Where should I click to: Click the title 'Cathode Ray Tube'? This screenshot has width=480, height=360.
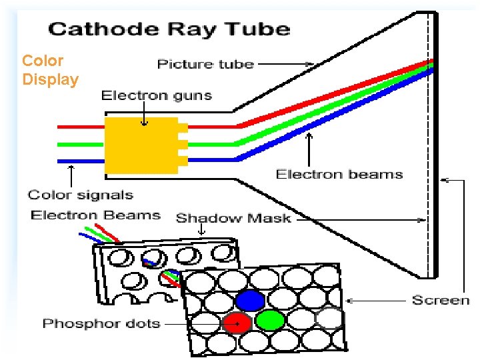pos(169,29)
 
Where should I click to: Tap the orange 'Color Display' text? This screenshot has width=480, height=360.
pos(50,71)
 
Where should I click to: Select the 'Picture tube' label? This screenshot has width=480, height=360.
pos(205,64)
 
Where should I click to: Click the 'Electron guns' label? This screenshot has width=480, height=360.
pos(156,95)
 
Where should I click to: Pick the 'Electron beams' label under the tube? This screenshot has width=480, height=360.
pos(339,175)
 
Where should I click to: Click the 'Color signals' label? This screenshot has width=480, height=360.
pos(80,195)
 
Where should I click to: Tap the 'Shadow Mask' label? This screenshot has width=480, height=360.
pos(233,218)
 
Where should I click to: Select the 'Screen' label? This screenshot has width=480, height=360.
pos(441,300)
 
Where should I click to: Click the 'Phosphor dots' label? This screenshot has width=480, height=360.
pos(101,324)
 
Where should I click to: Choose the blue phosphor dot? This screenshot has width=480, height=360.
pos(250,301)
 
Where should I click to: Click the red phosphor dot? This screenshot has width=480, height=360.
pos(236,323)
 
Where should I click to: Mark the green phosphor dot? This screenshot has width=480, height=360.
pos(270,321)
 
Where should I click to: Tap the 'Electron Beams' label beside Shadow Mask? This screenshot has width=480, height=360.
pos(95,215)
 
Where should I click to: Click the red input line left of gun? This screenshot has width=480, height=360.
pos(80,126)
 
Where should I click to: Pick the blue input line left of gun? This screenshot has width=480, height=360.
pos(80,161)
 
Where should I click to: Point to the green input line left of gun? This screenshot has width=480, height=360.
pos(80,143)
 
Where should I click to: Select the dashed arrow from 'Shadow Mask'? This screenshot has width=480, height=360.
pos(360,219)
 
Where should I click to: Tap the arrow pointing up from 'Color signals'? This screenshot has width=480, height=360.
pos(71,176)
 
